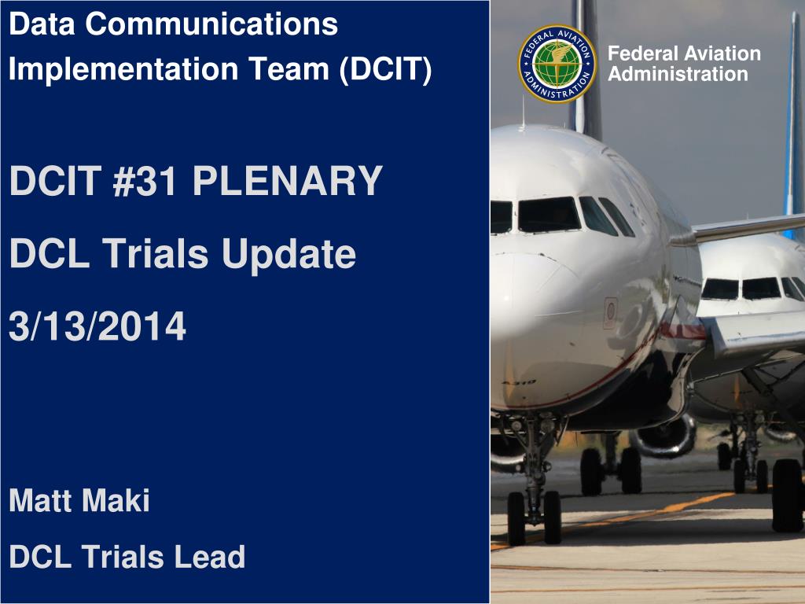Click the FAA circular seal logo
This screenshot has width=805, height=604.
[x=557, y=64]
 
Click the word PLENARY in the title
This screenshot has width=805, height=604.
[x=288, y=182]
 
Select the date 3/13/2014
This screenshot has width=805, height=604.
[x=97, y=326]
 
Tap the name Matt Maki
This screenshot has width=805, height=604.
[x=79, y=501]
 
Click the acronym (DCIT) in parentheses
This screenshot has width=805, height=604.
[x=386, y=68]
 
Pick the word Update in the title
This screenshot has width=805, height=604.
[x=288, y=254]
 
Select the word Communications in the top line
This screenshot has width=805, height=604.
[x=211, y=24]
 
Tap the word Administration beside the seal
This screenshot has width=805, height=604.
[x=678, y=75]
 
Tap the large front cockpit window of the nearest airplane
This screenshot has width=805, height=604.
[x=549, y=215]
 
